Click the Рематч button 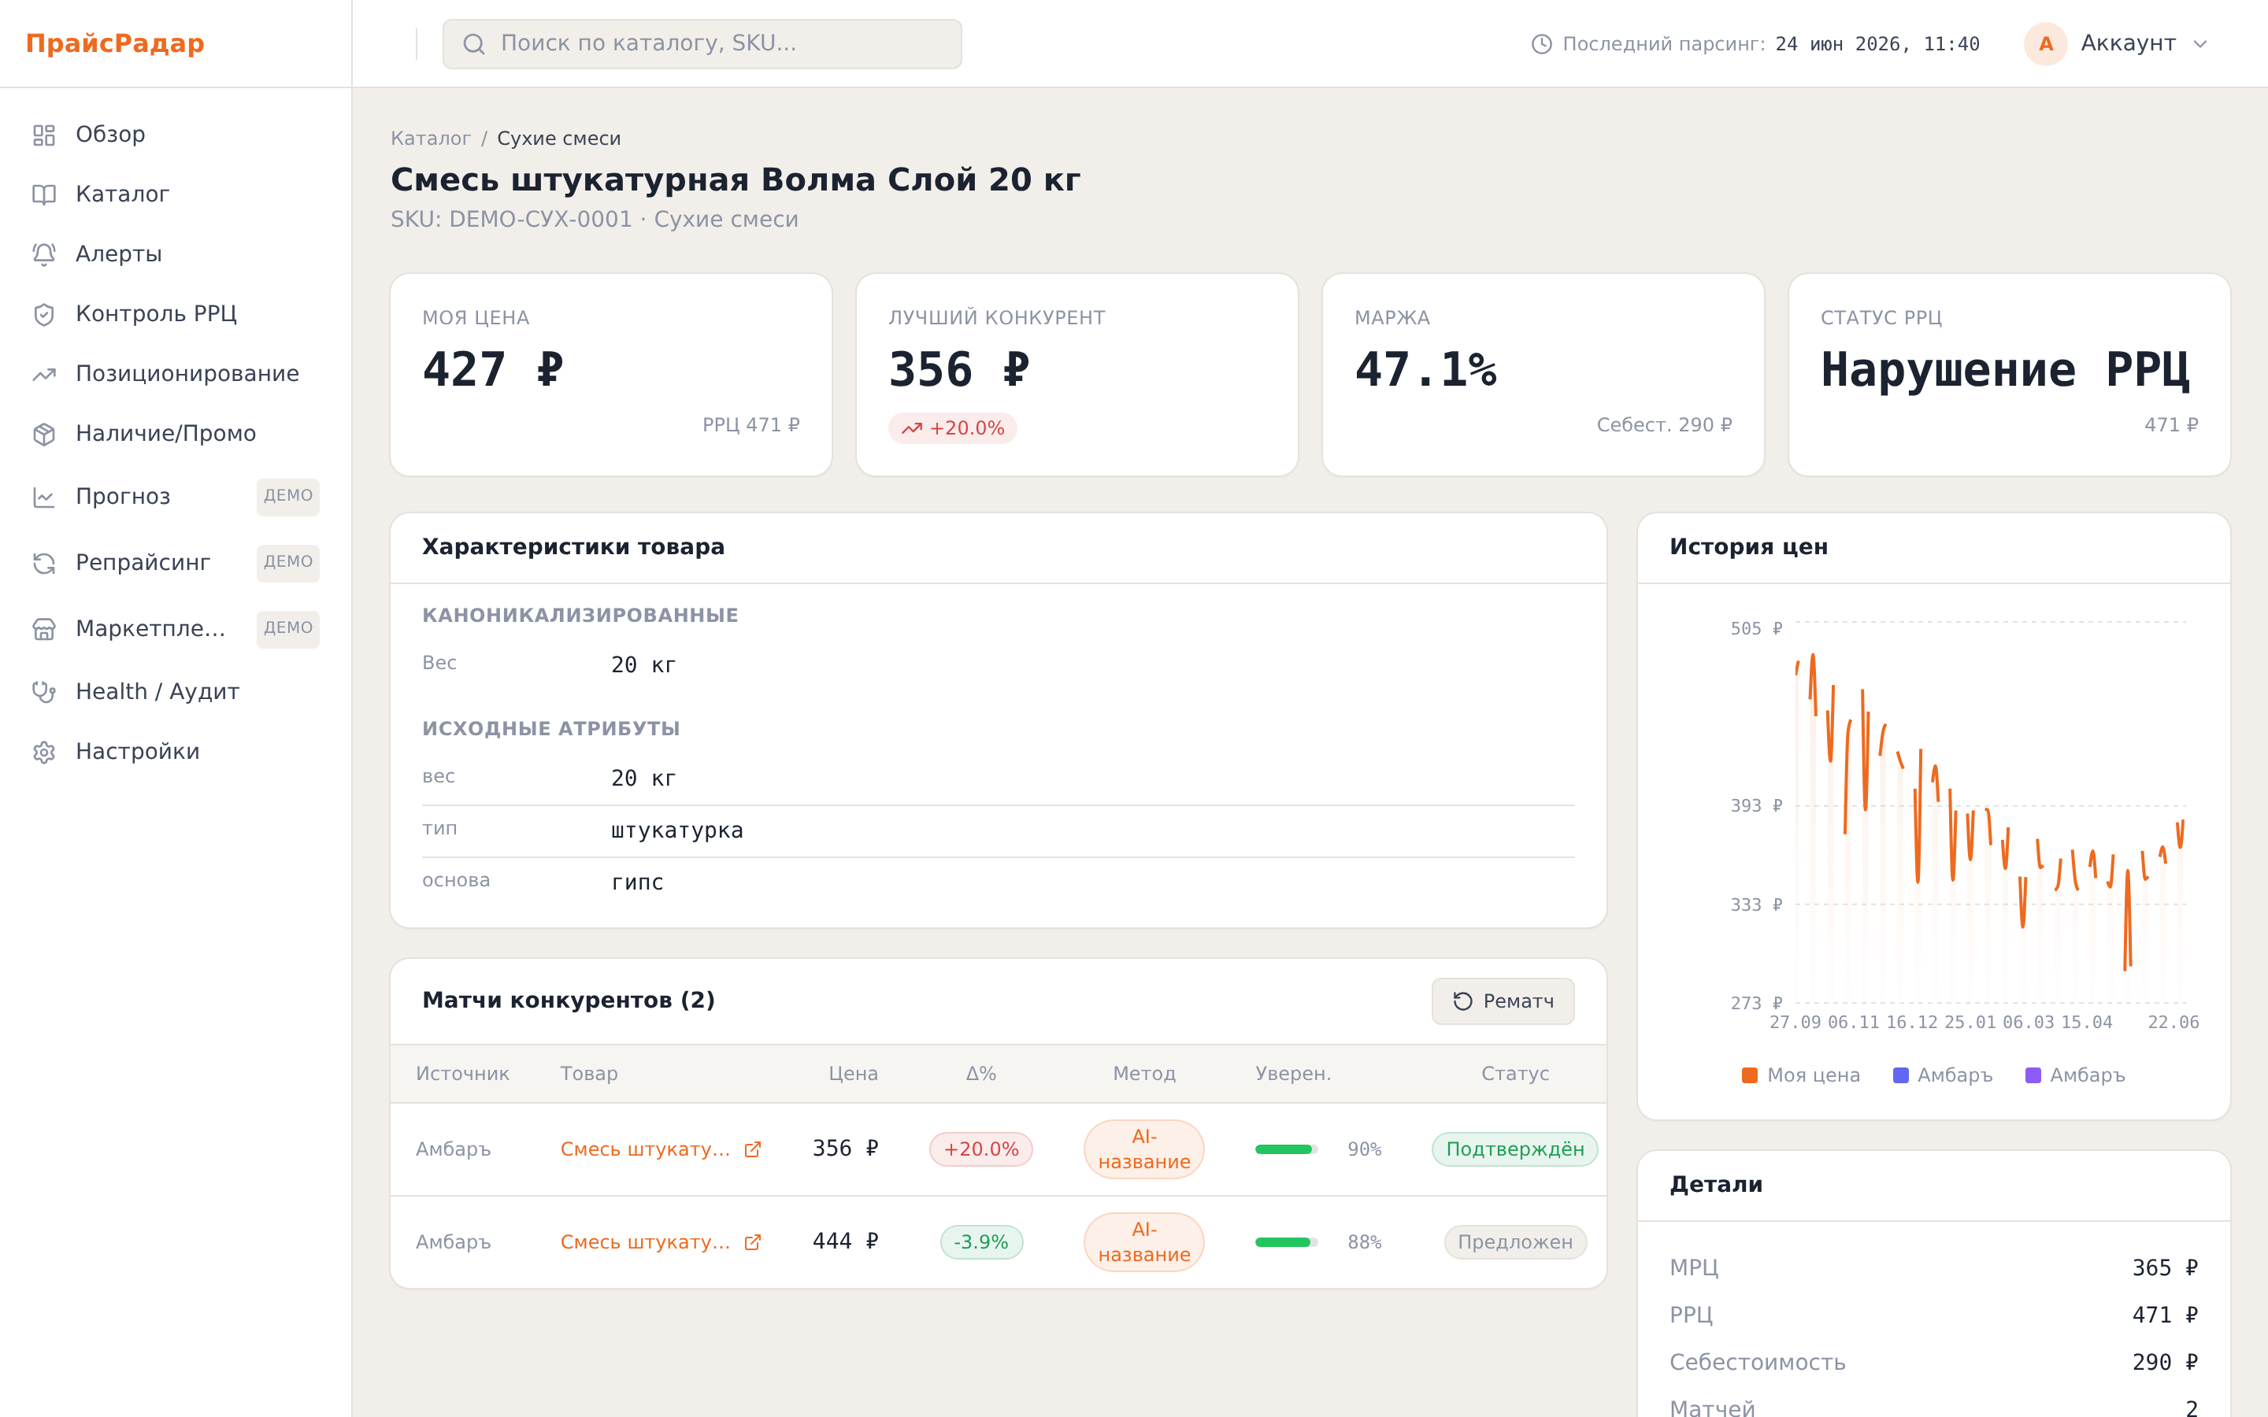tap(1503, 1001)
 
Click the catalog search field tap(702, 44)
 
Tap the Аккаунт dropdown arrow tap(2200, 44)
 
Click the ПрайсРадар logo tap(115, 43)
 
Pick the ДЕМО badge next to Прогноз tap(287, 497)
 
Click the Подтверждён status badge tap(1514, 1149)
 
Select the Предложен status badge tap(1514, 1241)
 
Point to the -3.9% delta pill tap(981, 1241)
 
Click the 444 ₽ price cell tap(845, 1241)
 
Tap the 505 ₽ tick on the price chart tap(1756, 629)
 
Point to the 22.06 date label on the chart tap(2173, 1023)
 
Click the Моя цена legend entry tap(1800, 1075)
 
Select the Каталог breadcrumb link tap(430, 139)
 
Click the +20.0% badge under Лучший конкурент tap(952, 428)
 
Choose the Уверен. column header tap(1293, 1074)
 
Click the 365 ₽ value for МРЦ tap(2165, 1268)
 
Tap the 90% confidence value tap(1365, 1149)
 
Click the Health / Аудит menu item tap(134, 692)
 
